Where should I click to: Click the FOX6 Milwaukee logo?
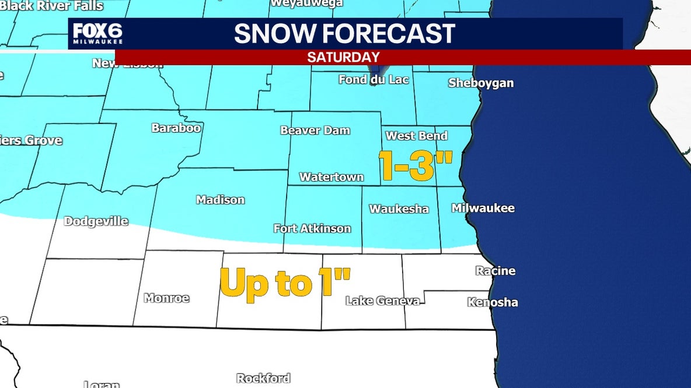(x=97, y=34)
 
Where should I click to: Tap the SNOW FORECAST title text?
(x=344, y=34)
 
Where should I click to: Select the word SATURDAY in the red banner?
(x=343, y=57)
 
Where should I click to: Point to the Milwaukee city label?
(x=483, y=208)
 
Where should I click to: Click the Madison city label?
(x=220, y=200)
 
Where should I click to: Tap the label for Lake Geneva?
(x=382, y=301)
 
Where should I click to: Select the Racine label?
(x=495, y=270)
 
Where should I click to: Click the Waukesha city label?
(x=399, y=209)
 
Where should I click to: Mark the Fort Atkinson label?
(x=312, y=228)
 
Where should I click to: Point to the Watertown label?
(x=331, y=177)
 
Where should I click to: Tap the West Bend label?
(x=417, y=136)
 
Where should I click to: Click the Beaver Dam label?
(x=315, y=130)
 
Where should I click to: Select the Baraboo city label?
(x=176, y=127)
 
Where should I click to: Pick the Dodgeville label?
(x=96, y=221)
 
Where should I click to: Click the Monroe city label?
(x=166, y=298)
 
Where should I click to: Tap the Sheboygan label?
(x=481, y=83)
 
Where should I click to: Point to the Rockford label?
(x=263, y=378)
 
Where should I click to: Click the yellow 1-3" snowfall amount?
(x=416, y=165)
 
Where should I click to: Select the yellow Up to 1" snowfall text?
(x=285, y=283)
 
